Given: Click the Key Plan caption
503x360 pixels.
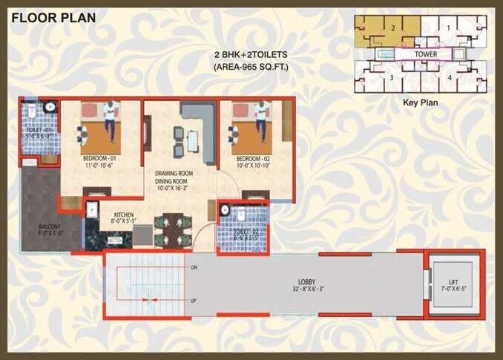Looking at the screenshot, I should pyautogui.click(x=421, y=104).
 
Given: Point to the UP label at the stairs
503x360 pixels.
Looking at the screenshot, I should pyautogui.click(x=194, y=301).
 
